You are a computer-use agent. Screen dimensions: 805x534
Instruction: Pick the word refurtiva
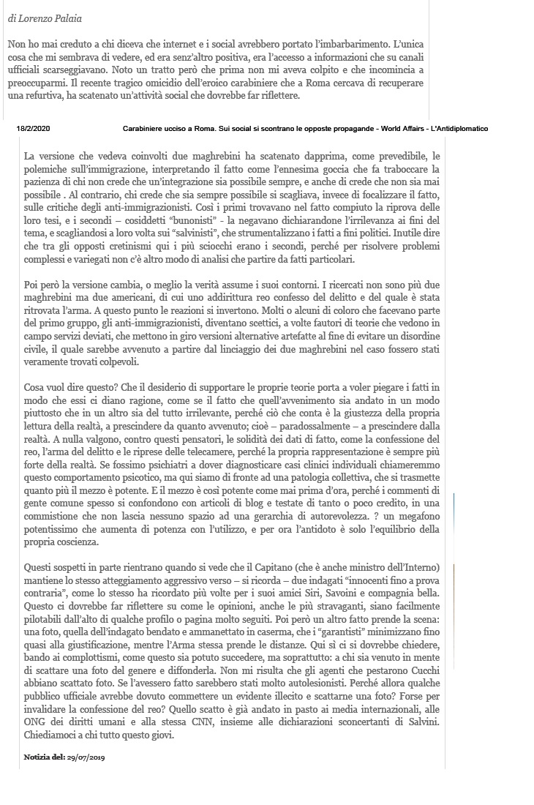click(x=45, y=96)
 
